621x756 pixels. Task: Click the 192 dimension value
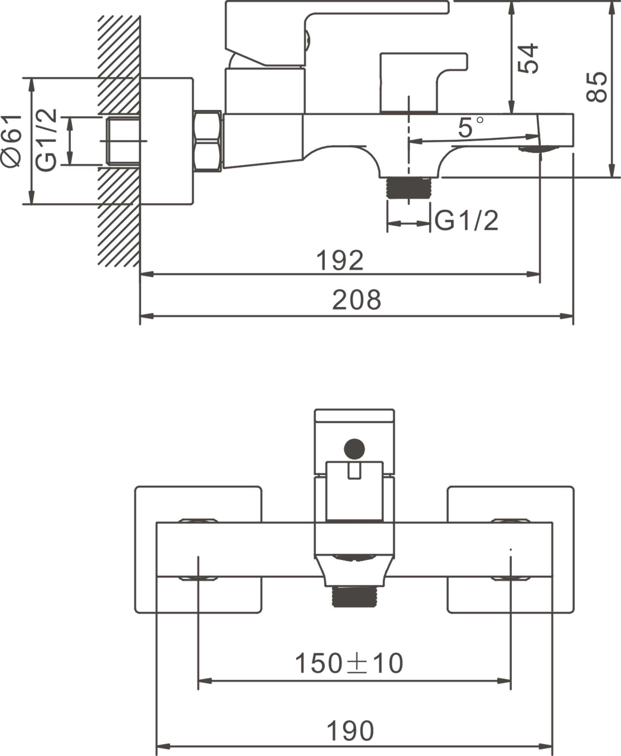pos(340,261)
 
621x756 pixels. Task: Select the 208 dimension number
pos(356,300)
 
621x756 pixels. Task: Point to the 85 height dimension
pos(597,87)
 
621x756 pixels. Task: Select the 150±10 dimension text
pos(349,663)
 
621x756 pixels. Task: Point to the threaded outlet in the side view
pos(408,187)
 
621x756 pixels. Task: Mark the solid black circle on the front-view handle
pos(354,449)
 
